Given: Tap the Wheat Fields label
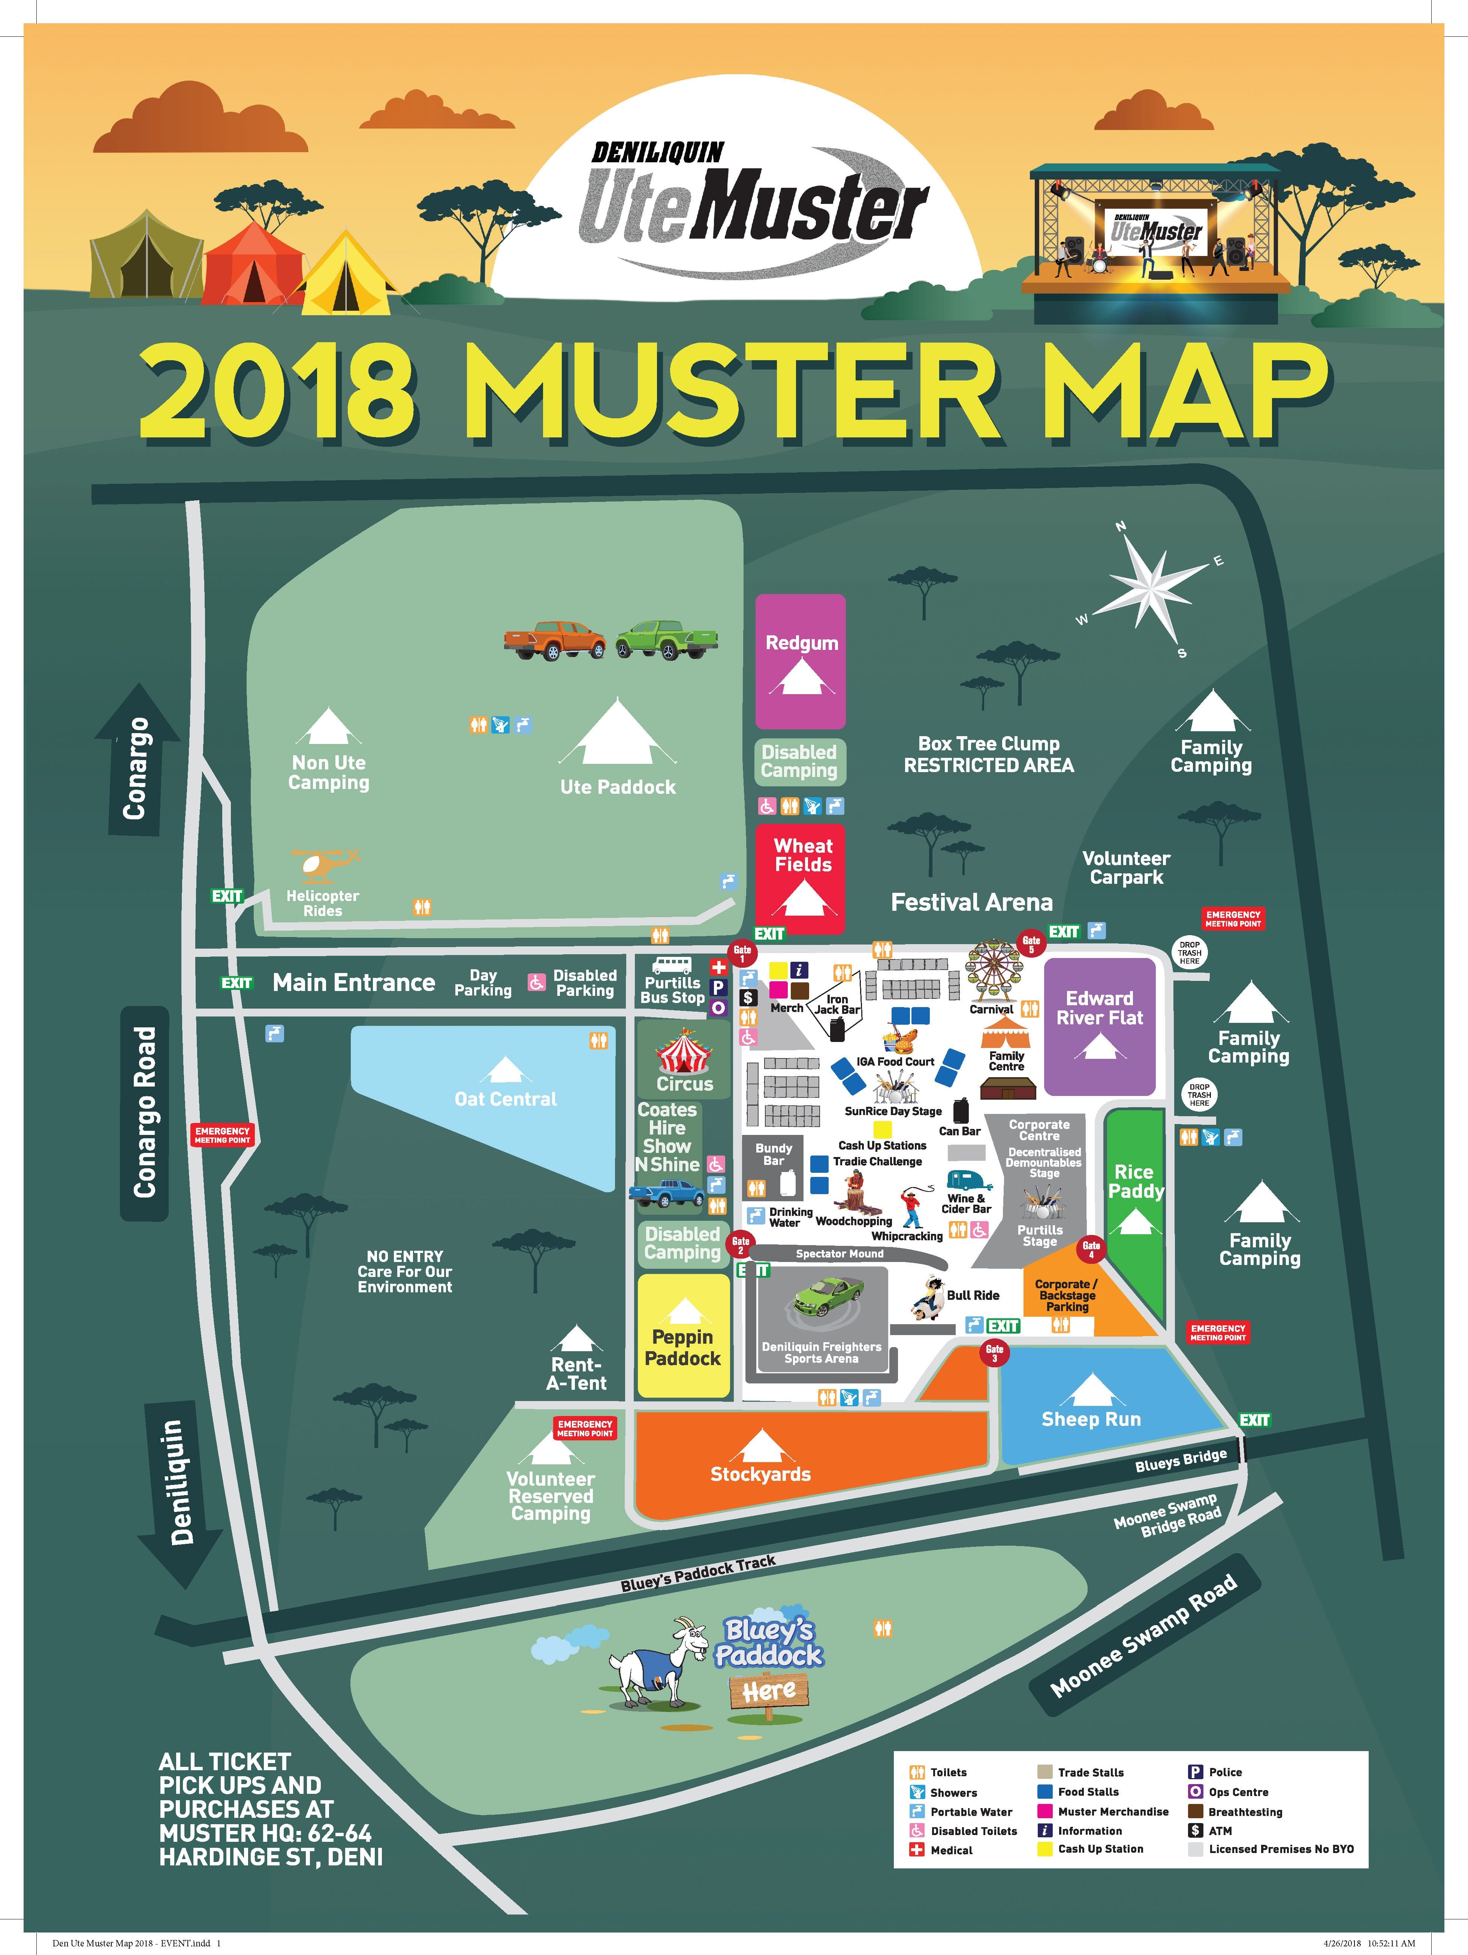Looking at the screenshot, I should (x=804, y=855).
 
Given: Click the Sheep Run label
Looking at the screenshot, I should (x=1091, y=1419).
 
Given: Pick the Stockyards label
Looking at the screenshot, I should (x=760, y=1473).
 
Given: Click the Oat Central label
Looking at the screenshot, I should (x=506, y=1099).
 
